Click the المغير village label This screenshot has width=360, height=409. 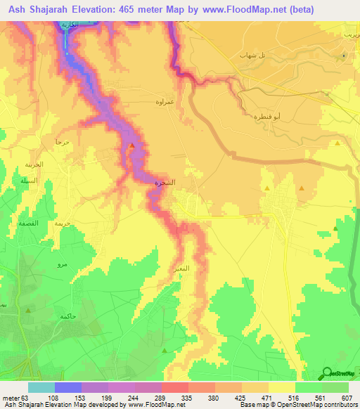[x=179, y=268]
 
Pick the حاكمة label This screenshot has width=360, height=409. [x=67, y=316]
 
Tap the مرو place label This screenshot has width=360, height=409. [x=62, y=265]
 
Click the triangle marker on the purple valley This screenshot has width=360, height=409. [x=132, y=145]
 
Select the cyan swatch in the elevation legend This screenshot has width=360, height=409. [x=41, y=387]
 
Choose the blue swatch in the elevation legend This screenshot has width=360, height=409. [x=68, y=387]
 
